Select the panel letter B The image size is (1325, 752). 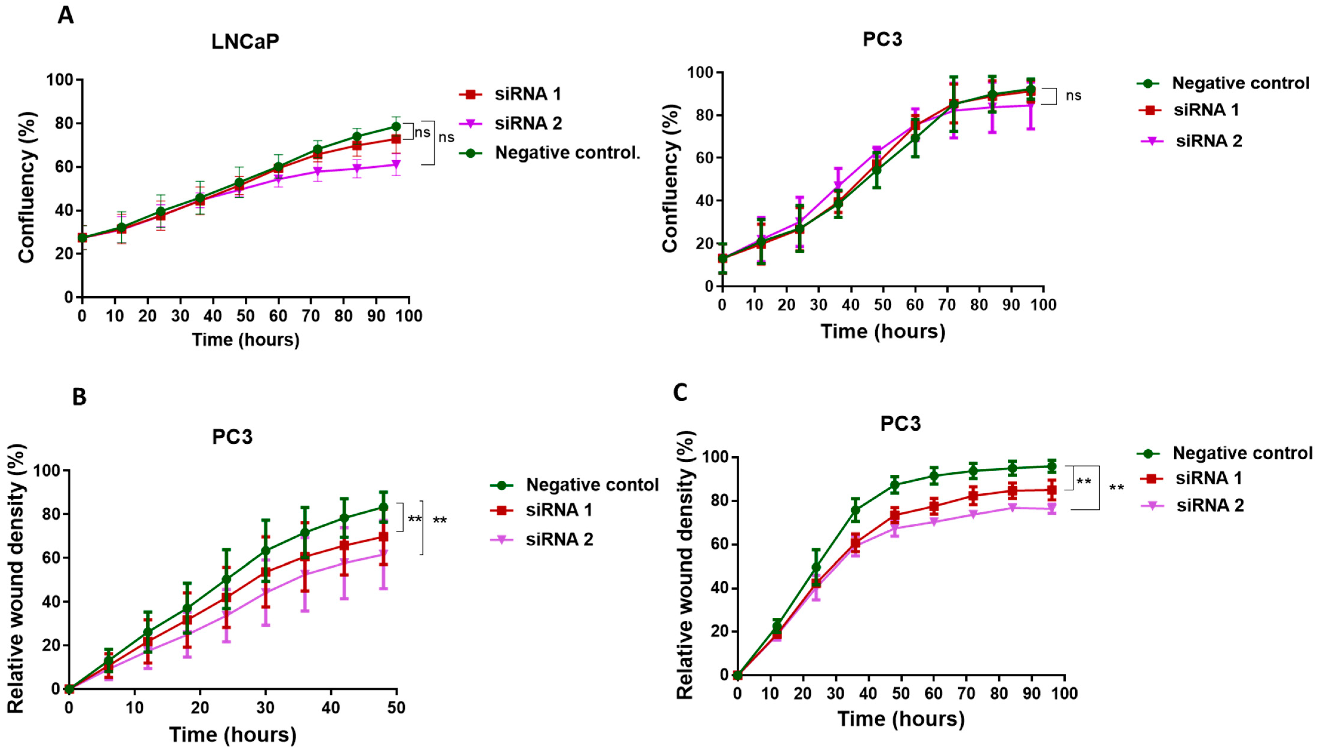pos(79,397)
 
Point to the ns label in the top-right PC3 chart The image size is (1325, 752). pos(1073,95)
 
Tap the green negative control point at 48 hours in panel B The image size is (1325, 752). pos(383,507)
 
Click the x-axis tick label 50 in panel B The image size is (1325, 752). pos(396,708)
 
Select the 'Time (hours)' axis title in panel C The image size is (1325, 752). pos(901,719)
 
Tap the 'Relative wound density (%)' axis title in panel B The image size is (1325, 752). pos(16,578)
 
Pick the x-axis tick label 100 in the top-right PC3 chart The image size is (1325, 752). pos(1043,305)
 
